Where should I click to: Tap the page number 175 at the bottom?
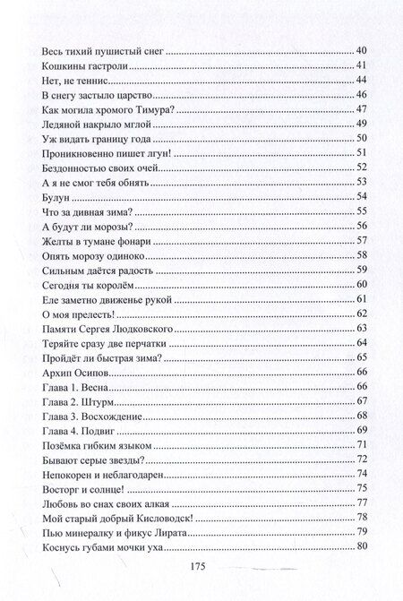[x=201, y=566]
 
